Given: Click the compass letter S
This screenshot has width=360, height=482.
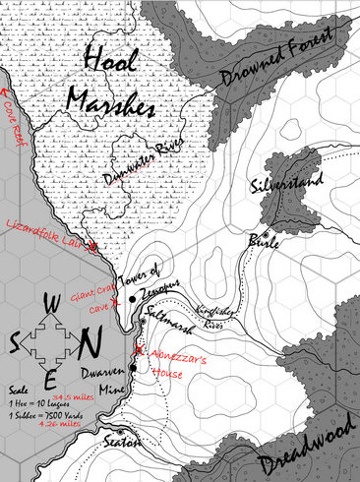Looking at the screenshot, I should tap(17, 343).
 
